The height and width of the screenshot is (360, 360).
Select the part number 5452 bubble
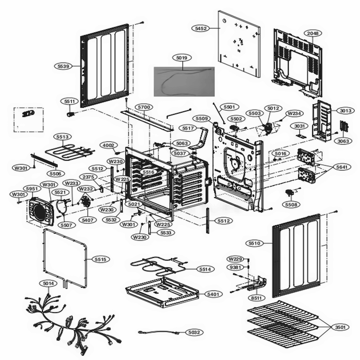point(201,28)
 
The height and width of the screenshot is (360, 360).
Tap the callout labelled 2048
point(313,33)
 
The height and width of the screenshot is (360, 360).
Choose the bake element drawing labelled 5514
point(158,265)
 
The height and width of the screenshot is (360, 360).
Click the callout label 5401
point(213,294)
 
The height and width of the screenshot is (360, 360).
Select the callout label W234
point(293,113)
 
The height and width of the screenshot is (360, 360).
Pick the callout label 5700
point(144,107)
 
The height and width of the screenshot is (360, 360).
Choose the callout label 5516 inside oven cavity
point(148,172)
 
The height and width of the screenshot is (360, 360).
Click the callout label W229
point(235,259)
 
